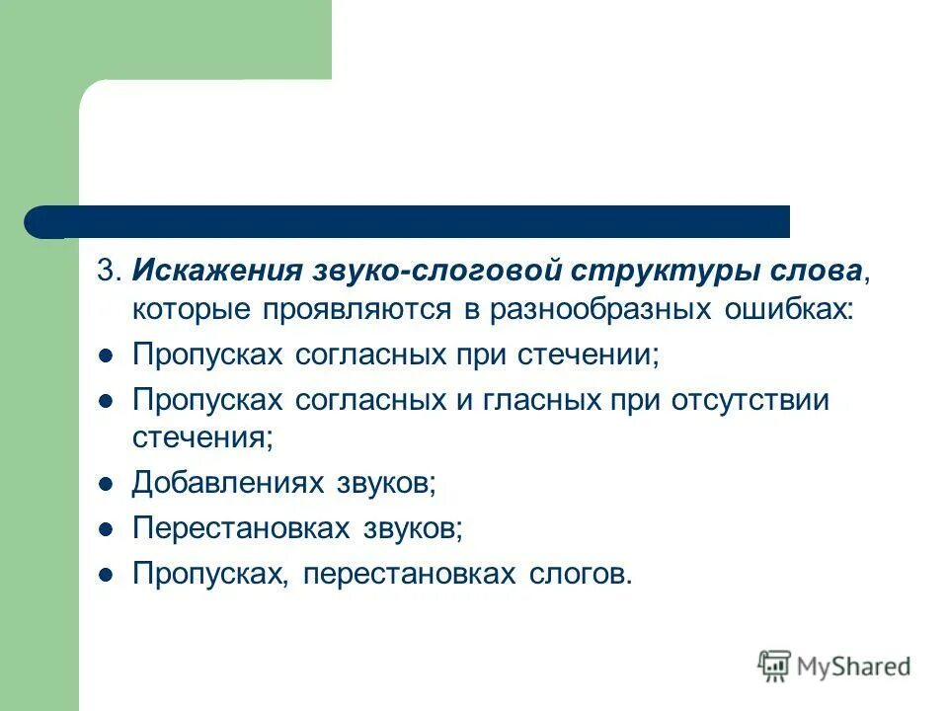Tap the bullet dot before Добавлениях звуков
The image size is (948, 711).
(x=107, y=484)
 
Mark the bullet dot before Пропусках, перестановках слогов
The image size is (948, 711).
(x=107, y=574)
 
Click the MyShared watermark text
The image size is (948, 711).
(x=856, y=667)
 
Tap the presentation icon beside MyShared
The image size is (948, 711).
(x=775, y=666)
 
